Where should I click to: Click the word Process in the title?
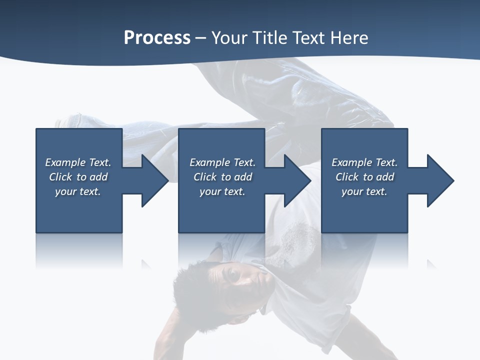click(x=157, y=38)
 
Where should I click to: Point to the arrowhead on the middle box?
click(x=296, y=180)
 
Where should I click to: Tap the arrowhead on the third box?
click(x=439, y=180)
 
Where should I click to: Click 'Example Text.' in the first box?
click(x=78, y=162)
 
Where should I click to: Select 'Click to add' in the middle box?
click(x=222, y=177)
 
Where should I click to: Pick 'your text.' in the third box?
click(x=364, y=191)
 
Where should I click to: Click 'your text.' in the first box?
click(x=78, y=191)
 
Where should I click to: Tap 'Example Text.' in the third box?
click(x=364, y=162)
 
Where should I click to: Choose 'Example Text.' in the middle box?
click(x=222, y=162)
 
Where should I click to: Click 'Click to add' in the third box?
click(x=364, y=177)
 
